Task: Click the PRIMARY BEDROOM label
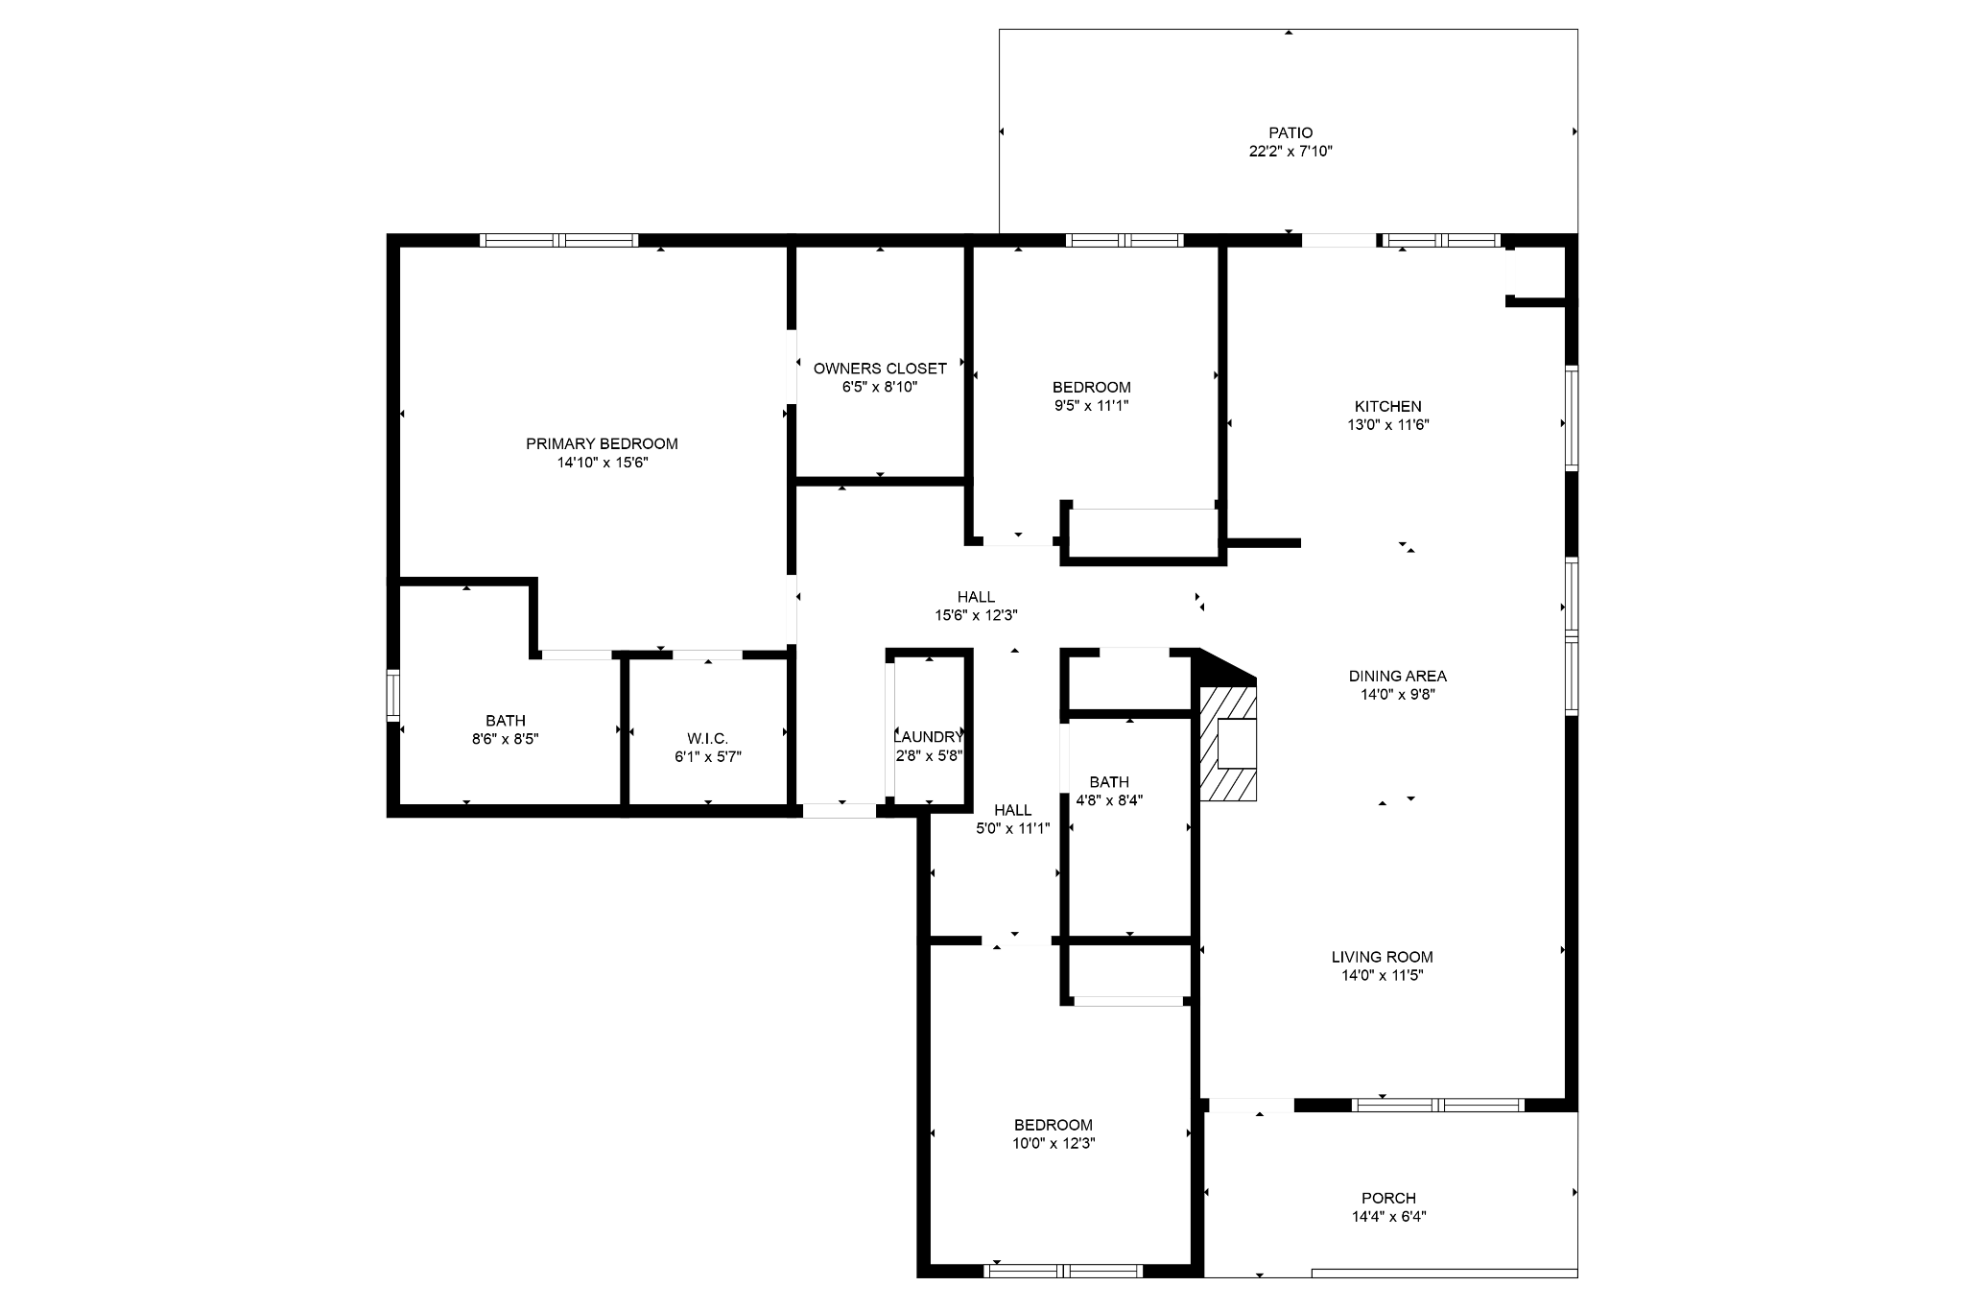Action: [602, 443]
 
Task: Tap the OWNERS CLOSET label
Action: [880, 369]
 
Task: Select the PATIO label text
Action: [1290, 132]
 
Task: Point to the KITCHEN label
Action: [1387, 406]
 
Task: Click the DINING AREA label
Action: [1397, 676]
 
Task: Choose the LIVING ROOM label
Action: [1382, 957]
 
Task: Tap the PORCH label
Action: [1388, 1198]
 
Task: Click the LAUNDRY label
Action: [928, 737]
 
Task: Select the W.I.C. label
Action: [707, 738]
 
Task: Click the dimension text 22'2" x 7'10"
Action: [1290, 151]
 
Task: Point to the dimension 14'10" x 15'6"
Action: [602, 462]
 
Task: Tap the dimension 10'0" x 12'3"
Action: [1054, 1143]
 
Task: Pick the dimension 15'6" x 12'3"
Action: [976, 615]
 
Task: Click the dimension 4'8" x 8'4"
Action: [1109, 799]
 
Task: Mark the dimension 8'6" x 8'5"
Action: [505, 739]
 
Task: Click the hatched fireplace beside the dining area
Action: [1228, 744]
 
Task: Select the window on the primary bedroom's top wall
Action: [558, 240]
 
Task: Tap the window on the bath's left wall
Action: [392, 695]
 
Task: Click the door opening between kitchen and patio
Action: [1338, 240]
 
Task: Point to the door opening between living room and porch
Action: [1251, 1105]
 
